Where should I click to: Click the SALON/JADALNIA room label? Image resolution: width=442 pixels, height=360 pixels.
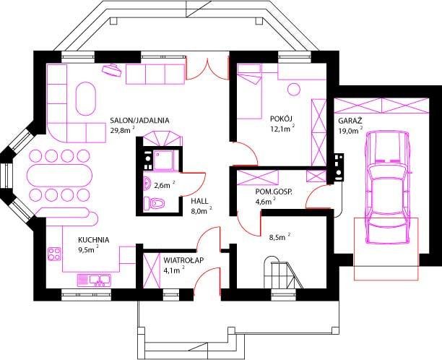point(139,121)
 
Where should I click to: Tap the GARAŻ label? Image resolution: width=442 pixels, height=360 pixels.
point(350,121)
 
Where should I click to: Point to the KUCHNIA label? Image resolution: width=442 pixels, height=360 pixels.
point(94,240)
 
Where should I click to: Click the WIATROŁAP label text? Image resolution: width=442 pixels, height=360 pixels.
point(183,260)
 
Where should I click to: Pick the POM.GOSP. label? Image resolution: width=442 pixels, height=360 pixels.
point(274,192)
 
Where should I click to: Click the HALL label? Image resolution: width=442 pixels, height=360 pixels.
point(199,201)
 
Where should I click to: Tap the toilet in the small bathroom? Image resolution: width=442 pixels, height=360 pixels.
point(154,203)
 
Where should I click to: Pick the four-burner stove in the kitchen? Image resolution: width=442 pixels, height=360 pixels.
point(54,254)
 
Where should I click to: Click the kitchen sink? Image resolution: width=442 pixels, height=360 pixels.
point(94,280)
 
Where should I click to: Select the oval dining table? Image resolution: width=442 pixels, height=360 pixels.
point(59,175)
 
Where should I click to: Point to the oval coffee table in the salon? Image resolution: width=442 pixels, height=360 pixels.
point(85,98)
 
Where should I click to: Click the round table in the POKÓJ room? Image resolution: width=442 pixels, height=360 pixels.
point(294,90)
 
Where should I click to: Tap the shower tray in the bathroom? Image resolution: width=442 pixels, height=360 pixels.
point(163,160)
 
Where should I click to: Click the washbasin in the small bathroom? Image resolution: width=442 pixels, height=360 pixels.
point(148,184)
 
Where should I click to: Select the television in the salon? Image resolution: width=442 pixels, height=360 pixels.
point(112,69)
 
